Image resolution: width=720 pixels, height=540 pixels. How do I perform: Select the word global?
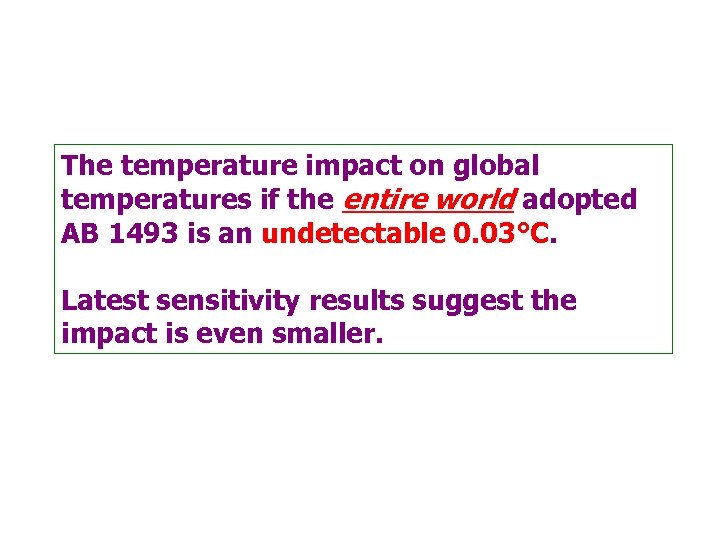(496, 165)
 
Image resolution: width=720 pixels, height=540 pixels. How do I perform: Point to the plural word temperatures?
(146, 200)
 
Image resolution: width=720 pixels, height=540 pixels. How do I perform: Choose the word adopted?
(579, 200)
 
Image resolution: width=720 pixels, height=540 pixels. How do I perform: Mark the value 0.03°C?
(494, 234)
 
